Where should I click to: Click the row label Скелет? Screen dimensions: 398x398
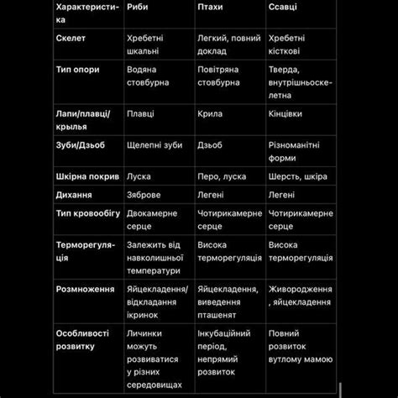(71, 39)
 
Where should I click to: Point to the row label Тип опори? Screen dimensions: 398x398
(77, 70)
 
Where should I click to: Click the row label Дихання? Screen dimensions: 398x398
(74, 195)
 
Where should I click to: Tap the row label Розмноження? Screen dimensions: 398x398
(85, 289)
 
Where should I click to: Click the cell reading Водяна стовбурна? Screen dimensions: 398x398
(148, 76)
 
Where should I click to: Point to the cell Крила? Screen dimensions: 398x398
(210, 113)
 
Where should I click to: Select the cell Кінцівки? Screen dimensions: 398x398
(285, 113)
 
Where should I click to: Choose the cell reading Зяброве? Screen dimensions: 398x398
(144, 195)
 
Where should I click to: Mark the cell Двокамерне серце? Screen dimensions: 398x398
(152, 220)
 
